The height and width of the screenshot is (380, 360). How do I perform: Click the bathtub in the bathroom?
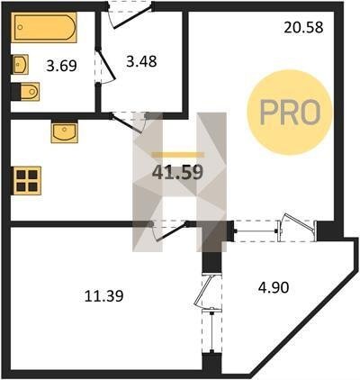44,27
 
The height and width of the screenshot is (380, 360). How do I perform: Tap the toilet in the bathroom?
29,92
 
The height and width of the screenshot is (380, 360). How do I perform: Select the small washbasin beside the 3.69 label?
21,64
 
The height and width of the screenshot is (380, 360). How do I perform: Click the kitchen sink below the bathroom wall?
64,131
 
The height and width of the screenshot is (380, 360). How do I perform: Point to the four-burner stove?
27,180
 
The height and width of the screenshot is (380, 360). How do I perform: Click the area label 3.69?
61,66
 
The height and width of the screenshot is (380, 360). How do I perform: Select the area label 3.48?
141,61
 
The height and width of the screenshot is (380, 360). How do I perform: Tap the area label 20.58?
303,27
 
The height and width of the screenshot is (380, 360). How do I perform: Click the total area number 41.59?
177,173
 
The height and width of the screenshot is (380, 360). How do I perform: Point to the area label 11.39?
103,296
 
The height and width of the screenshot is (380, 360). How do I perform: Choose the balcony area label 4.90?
274,287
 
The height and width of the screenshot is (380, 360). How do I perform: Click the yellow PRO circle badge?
290,113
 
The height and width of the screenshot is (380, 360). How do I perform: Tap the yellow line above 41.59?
178,155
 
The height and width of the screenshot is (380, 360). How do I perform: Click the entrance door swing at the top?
130,17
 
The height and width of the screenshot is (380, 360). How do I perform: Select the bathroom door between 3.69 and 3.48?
105,67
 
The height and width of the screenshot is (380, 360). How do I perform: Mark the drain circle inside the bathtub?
20,27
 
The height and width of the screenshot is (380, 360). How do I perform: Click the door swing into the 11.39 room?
170,231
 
